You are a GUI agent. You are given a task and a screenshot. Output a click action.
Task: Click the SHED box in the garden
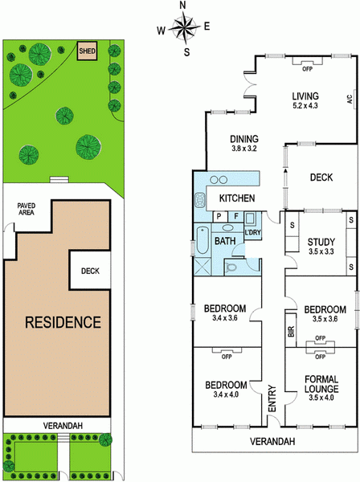tap(87, 51)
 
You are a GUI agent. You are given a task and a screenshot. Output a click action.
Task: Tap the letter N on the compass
tap(183, 6)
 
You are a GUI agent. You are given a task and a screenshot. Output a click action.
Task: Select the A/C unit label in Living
tap(350, 100)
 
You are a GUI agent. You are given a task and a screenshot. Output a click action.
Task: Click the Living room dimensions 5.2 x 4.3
tap(305, 105)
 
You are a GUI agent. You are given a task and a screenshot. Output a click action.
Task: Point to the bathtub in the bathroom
tap(202, 240)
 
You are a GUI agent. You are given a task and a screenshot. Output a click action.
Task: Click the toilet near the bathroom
tap(231, 268)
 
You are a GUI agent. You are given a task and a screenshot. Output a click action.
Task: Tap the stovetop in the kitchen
tap(200, 200)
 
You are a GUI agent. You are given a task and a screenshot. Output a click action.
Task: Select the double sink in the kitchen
tap(219, 179)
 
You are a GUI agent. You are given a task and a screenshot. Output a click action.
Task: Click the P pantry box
tap(219, 216)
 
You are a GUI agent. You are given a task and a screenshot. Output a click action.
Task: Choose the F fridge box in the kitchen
tap(236, 216)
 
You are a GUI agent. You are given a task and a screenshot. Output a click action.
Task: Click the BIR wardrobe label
tap(291, 331)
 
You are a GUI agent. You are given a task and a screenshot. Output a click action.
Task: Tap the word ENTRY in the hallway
tap(272, 398)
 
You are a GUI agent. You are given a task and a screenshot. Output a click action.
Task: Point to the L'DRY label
tap(252, 232)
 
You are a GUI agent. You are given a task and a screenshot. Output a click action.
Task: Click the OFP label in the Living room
tap(307, 69)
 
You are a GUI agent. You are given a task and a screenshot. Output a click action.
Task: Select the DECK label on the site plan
tap(90, 271)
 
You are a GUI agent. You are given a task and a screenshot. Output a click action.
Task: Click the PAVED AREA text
tap(27, 209)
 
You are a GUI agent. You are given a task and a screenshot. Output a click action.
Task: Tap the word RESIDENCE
tap(63, 322)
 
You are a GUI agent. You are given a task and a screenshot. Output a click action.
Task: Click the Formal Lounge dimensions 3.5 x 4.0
tap(321, 398)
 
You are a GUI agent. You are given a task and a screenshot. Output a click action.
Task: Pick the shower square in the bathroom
tap(202, 266)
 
